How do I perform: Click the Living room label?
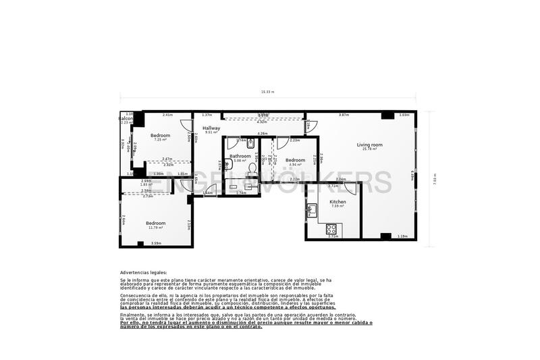(x=370, y=145)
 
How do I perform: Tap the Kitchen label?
(x=337, y=202)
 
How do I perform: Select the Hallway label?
(x=212, y=128)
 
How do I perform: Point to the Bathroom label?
(x=240, y=156)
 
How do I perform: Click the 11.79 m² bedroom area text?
(x=157, y=228)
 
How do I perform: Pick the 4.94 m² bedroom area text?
(x=296, y=165)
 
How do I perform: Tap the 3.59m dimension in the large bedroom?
(x=156, y=243)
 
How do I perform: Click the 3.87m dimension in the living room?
(x=344, y=115)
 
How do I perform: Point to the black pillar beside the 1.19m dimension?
(x=385, y=236)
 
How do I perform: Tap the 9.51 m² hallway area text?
(x=211, y=132)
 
